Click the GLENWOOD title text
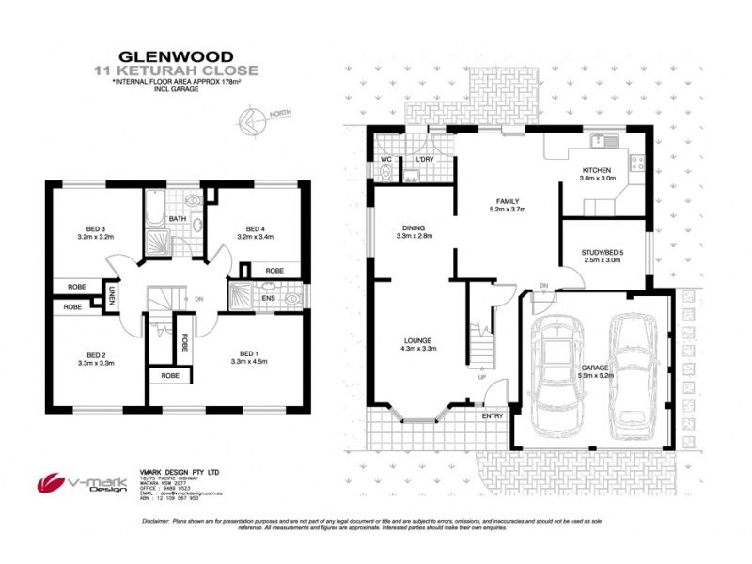176,55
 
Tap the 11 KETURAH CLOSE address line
176,70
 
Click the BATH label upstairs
177,219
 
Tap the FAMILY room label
504,201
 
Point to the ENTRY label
492,415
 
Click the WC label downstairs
385,159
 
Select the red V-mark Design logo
51,482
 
